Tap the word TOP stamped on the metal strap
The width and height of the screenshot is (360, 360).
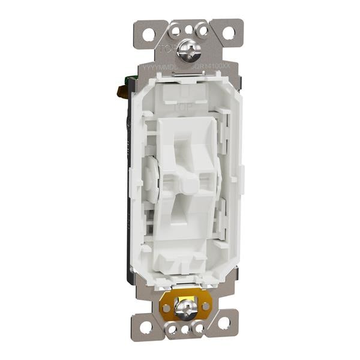(169, 49)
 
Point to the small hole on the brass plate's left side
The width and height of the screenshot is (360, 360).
(166, 308)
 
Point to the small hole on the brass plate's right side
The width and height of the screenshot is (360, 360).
(205, 306)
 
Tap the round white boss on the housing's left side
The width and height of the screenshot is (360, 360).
(151, 180)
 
